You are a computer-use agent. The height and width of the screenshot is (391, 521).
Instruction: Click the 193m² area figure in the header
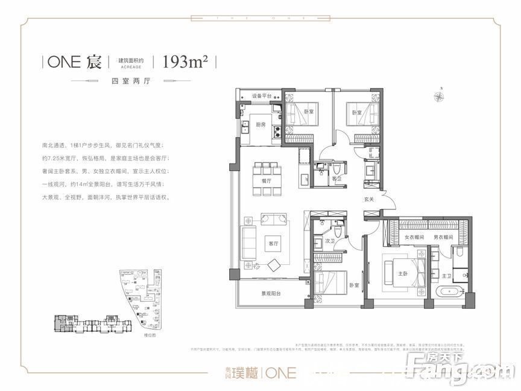182,62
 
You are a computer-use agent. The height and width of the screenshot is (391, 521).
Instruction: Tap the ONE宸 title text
75,62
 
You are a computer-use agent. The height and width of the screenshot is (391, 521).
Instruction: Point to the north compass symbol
441,95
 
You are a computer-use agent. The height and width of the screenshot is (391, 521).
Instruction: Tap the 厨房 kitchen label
260,125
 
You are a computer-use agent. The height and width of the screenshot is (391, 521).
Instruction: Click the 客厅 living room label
274,243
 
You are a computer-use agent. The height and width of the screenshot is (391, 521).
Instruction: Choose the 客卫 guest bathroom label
336,179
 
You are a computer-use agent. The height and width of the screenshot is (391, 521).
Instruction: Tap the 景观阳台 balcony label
273,294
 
